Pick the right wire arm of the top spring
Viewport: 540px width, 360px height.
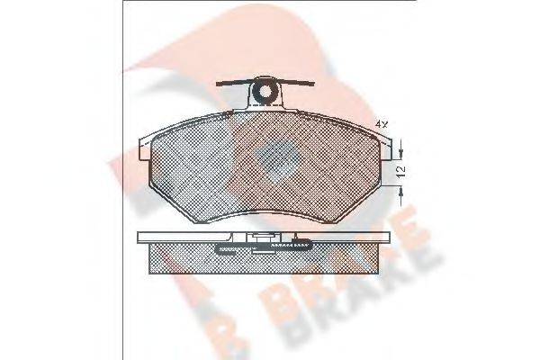297,84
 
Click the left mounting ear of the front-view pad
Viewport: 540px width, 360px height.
144,147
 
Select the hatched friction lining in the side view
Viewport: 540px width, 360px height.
265,261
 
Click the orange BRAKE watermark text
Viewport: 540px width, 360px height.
396,279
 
